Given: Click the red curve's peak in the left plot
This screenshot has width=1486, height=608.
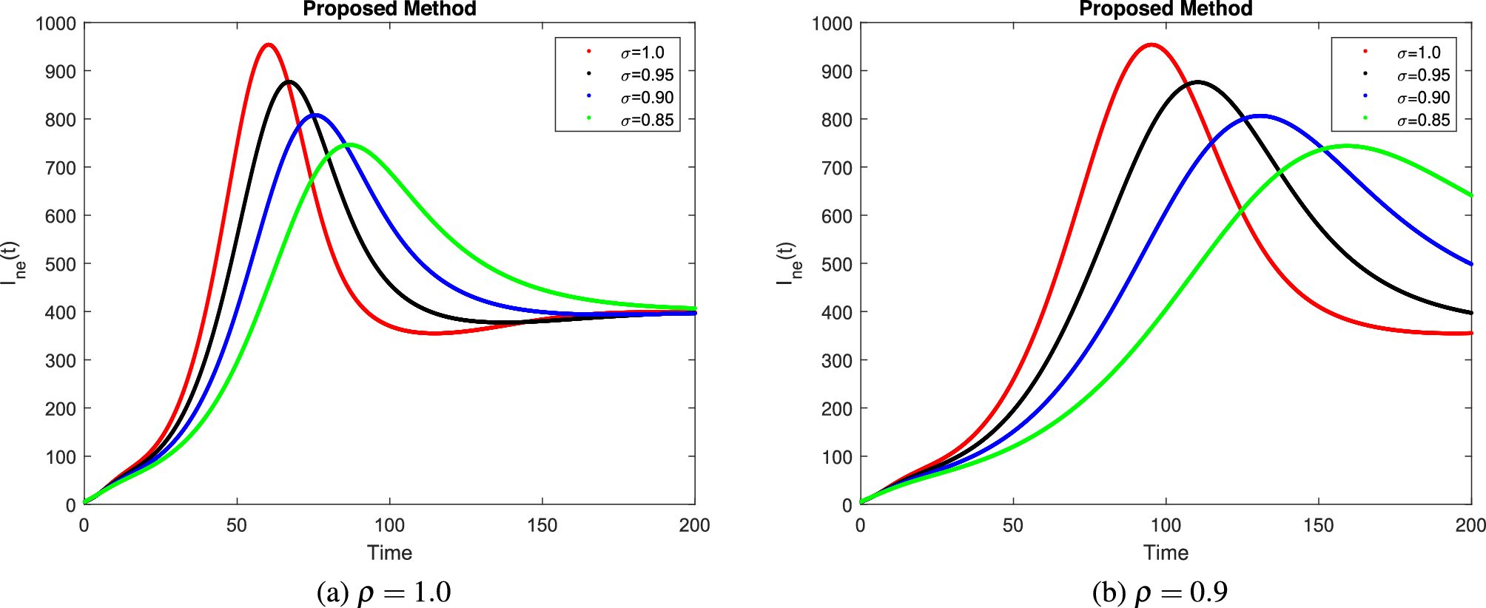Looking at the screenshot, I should (269, 45).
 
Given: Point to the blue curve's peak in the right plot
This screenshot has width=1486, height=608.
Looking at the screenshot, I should (1260, 116).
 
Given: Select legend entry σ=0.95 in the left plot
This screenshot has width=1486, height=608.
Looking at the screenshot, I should (647, 75).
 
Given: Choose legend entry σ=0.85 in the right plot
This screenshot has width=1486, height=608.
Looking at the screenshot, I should (1423, 121).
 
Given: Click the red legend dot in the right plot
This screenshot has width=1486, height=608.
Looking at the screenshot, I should (1365, 51).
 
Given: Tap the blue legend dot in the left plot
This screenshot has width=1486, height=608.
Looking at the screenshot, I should (589, 96).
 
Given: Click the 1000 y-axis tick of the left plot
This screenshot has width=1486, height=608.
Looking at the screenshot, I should (56, 24).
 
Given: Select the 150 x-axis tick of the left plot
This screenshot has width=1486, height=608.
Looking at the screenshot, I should (542, 525).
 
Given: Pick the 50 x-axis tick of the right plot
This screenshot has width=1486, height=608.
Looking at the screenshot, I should (1012, 525).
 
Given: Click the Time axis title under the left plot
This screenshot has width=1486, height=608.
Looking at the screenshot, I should (389, 553).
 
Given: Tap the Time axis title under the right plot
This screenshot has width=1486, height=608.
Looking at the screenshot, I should (1166, 553).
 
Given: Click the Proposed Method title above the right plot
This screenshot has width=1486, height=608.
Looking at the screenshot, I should (1166, 9).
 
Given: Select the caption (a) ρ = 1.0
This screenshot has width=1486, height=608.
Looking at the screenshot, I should (383, 592).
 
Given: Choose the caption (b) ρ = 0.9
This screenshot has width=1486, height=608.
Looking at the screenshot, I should (1160, 592).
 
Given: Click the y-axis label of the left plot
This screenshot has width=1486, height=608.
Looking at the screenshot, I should (13, 263).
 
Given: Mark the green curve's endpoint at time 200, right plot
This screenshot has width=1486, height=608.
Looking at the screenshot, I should (1470, 196).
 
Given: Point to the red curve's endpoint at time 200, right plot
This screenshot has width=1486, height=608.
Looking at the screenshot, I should (1470, 334).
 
